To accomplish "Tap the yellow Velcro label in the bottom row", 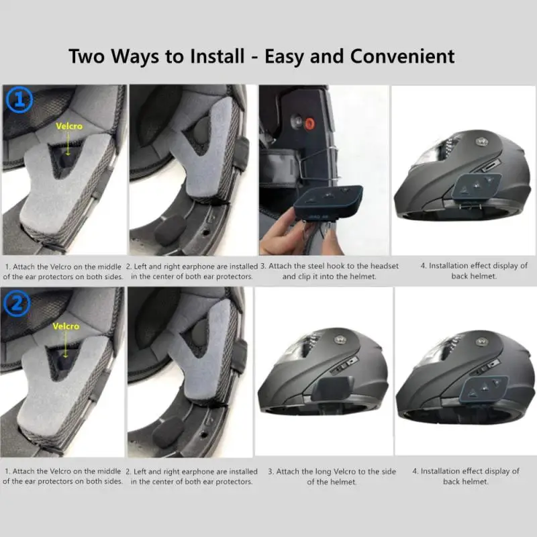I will point(66,326).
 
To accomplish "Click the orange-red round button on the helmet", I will point(309,123).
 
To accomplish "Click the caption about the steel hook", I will point(326,271).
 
